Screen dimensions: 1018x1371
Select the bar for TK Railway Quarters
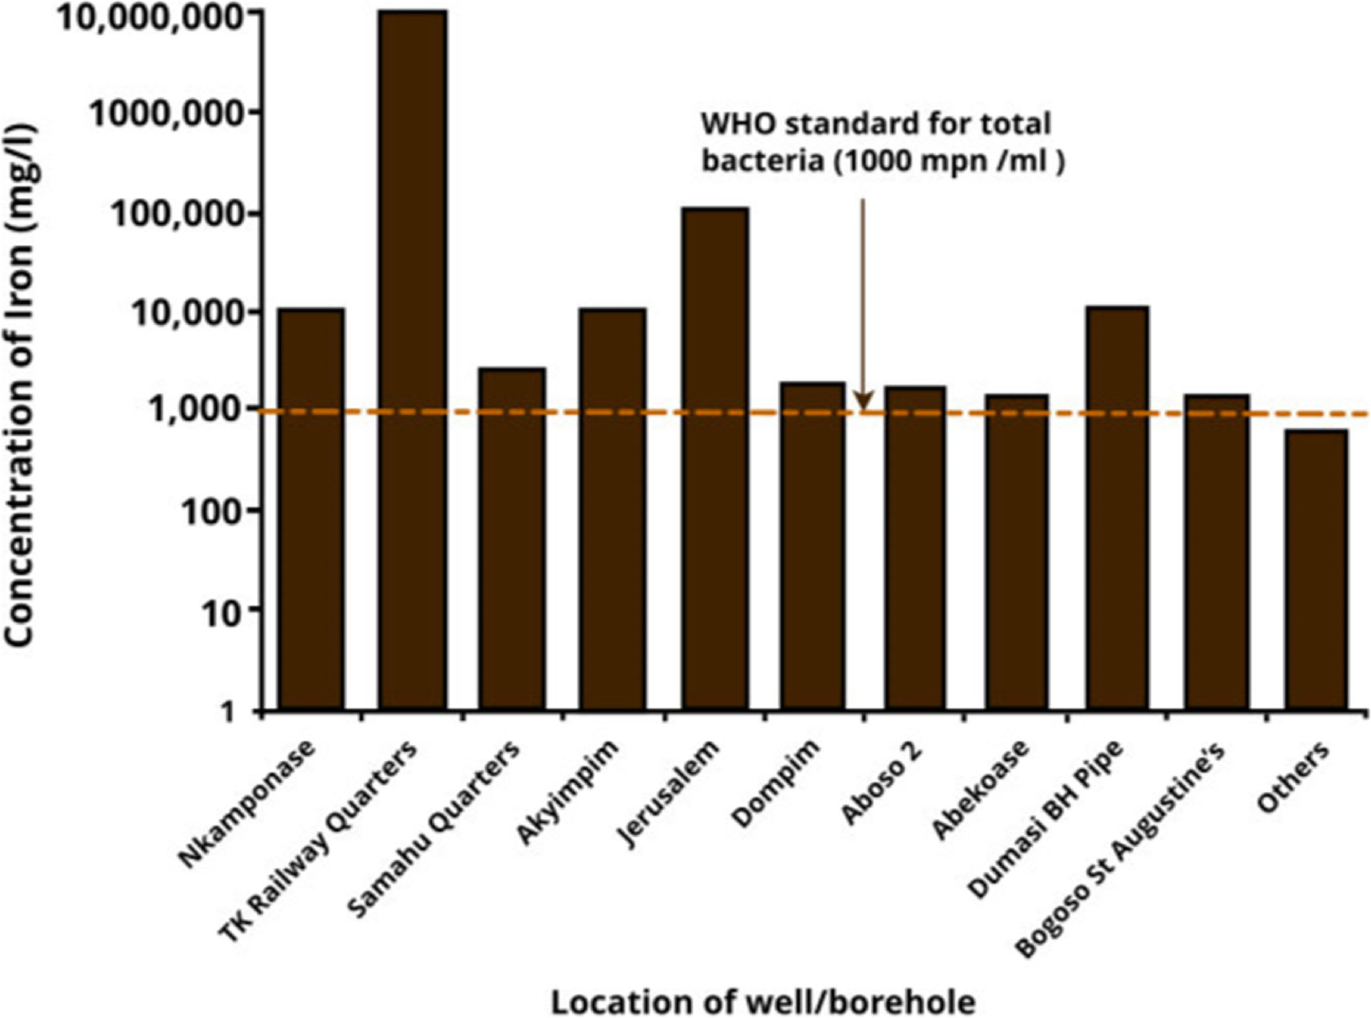coord(413,359)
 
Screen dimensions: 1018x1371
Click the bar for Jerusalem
coord(715,459)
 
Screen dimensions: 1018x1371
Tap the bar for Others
coord(1316,570)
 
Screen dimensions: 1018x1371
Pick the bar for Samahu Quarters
coord(512,539)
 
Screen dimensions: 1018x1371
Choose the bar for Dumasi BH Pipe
coord(1117,508)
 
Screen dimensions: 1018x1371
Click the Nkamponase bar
coord(311,509)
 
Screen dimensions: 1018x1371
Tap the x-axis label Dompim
coord(776,784)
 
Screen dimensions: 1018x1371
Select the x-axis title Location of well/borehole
coord(763,1001)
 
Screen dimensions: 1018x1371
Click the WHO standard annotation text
coord(882,142)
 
